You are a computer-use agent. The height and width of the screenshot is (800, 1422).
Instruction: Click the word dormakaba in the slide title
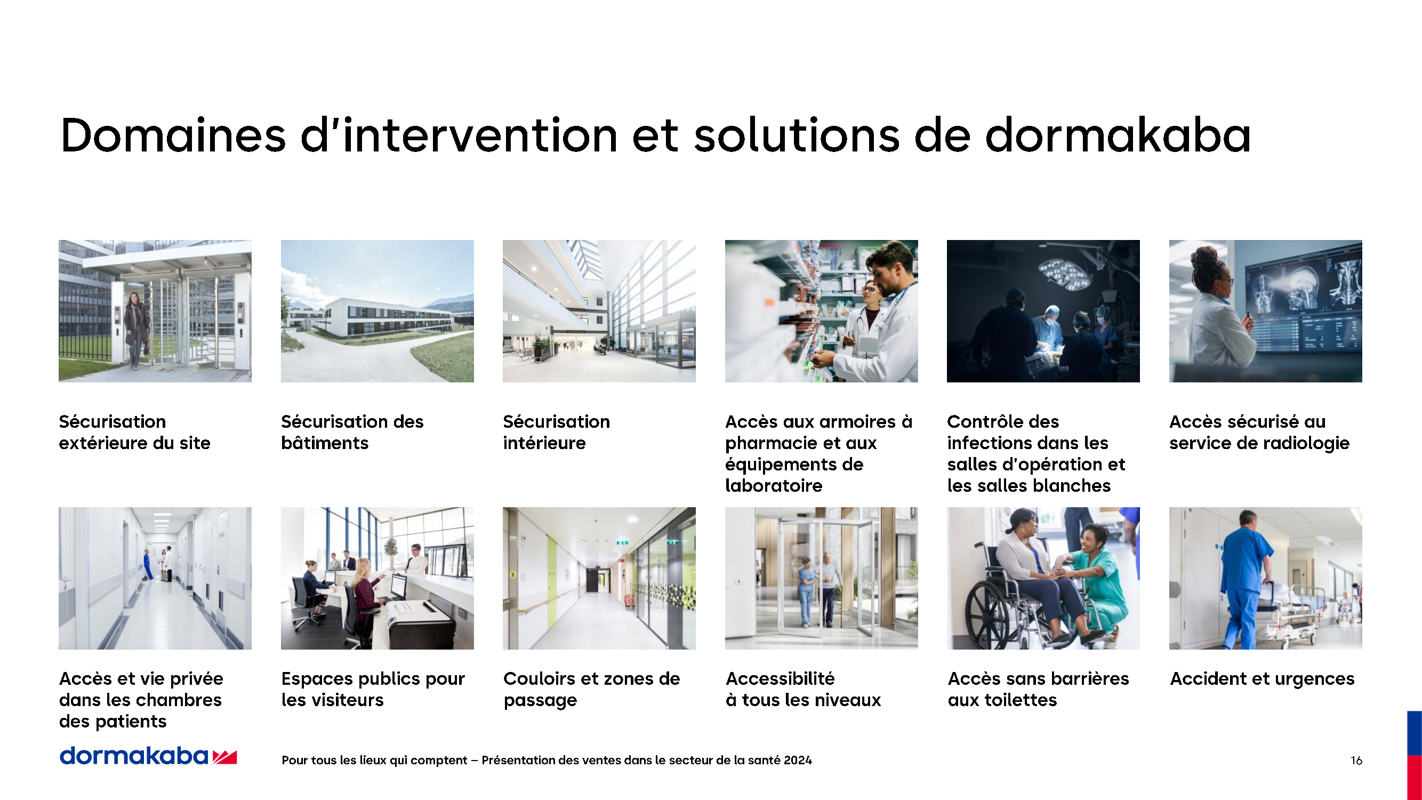(1119, 135)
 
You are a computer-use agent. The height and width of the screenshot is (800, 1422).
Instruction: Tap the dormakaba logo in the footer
(148, 755)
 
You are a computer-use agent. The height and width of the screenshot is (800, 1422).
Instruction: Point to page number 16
(1356, 760)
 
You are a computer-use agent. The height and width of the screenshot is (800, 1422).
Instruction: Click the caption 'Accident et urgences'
(1262, 678)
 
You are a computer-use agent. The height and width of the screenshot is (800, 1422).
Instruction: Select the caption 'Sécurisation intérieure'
(557, 432)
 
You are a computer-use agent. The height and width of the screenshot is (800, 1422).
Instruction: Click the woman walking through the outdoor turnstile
(135, 330)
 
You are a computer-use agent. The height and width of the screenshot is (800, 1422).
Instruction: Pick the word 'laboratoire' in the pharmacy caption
(773, 485)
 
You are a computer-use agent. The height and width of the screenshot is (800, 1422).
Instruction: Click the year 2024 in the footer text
(798, 760)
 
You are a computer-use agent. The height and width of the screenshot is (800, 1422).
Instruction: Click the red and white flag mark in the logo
(225, 757)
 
